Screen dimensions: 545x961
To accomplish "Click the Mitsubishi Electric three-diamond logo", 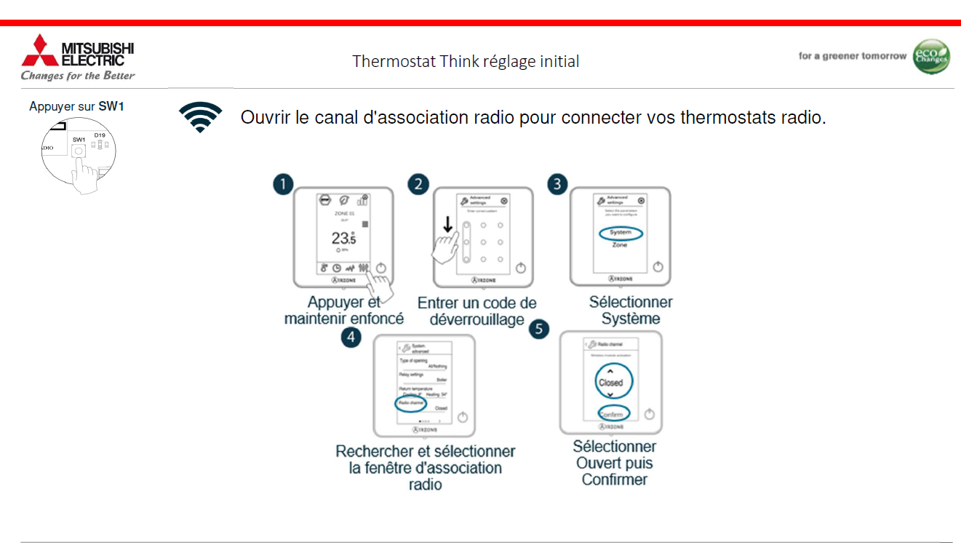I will pyautogui.click(x=39, y=51).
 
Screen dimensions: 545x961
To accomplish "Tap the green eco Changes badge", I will pyautogui.click(x=931, y=57).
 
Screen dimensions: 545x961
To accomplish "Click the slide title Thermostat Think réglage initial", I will pyautogui.click(x=466, y=61).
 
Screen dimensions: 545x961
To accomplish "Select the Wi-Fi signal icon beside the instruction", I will pyautogui.click(x=200, y=117).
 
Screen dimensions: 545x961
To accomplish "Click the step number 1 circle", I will pyautogui.click(x=282, y=184).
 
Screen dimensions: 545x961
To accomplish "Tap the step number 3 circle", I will pyautogui.click(x=557, y=183).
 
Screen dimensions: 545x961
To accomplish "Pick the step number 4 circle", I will pyautogui.click(x=351, y=337).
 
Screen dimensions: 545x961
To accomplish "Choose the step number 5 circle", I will pyautogui.click(x=538, y=329).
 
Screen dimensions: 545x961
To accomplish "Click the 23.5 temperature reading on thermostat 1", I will pyautogui.click(x=343, y=238).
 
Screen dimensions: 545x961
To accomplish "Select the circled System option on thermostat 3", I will pyautogui.click(x=621, y=233).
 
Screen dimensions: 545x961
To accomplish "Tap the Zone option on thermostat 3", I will pyautogui.click(x=620, y=245).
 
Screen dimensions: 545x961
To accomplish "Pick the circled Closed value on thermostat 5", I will pyautogui.click(x=610, y=382).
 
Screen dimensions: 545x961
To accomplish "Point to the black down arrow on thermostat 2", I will pyautogui.click(x=448, y=226).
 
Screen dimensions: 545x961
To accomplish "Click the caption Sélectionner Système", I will pyautogui.click(x=630, y=310).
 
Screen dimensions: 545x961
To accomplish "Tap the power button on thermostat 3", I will pyautogui.click(x=658, y=266).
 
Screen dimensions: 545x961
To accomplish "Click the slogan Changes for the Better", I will pyautogui.click(x=78, y=76).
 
